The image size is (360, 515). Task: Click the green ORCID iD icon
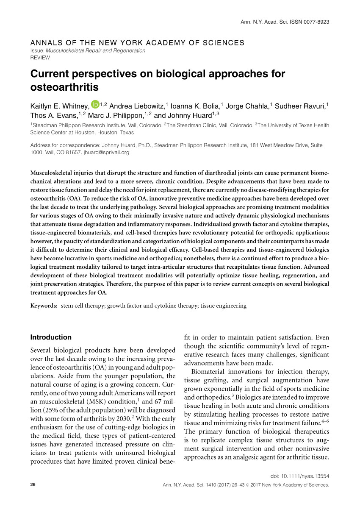pyautogui.click(x=94, y=104)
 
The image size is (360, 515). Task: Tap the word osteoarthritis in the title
pyautogui.click(x=64, y=87)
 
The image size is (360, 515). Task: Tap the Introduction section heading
pyautogui.click(x=51, y=337)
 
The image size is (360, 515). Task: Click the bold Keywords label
pyautogui.click(x=44, y=305)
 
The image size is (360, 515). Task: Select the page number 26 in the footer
pyautogui.click(x=33, y=484)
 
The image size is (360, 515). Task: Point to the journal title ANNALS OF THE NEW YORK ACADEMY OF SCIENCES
pyautogui.click(x=137, y=43)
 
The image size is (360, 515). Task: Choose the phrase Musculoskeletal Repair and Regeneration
pyautogui.click(x=95, y=50)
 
